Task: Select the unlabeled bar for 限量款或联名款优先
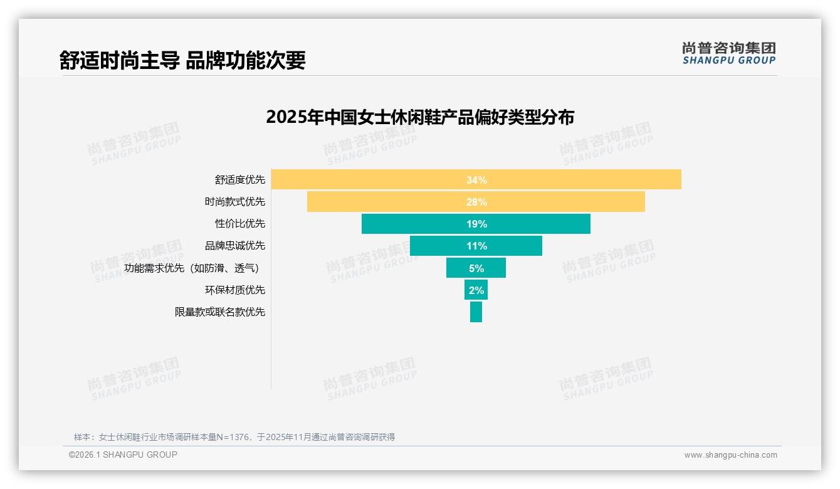point(476,312)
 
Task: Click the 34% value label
point(476,180)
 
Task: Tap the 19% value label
point(476,224)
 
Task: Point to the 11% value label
point(476,246)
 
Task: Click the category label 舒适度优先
point(240,180)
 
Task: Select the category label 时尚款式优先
point(235,202)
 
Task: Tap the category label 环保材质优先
point(235,290)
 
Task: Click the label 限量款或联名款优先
point(220,312)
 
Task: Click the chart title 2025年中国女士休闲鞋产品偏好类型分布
point(420,117)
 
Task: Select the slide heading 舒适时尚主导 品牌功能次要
point(182,60)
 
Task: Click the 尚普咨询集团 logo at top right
point(729,53)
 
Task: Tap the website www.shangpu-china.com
point(730,455)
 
